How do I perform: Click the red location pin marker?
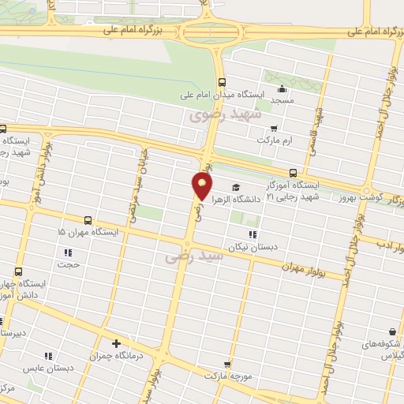[202, 185]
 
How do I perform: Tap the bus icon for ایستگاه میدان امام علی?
[222, 81]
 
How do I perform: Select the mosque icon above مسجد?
[282, 88]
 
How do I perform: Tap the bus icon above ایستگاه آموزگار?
[293, 173]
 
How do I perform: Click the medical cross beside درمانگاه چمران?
[117, 343]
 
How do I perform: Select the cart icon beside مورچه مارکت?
[228, 365]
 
